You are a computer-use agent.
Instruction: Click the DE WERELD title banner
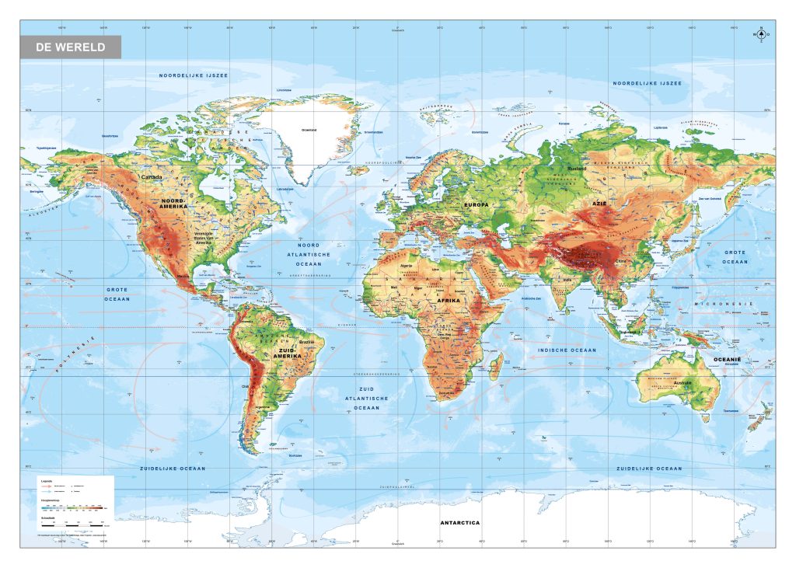[x=71, y=47]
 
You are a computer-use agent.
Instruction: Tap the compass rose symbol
[x=759, y=35]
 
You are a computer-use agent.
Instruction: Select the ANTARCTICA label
[x=459, y=522]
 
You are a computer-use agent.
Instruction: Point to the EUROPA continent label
[x=477, y=204]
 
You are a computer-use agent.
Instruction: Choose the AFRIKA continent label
[x=449, y=300]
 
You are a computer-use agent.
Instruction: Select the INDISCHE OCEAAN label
[x=567, y=350]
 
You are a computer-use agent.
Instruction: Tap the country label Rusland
[x=577, y=168]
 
